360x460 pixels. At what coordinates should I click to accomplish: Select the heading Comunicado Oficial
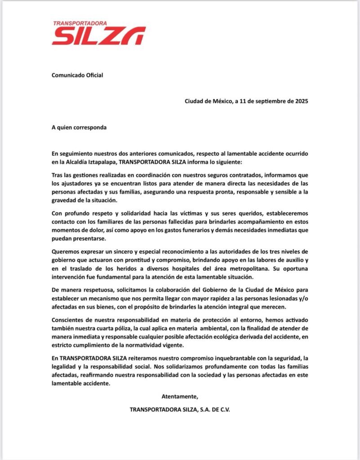[77, 75]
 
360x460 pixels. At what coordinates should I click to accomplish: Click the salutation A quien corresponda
[79, 127]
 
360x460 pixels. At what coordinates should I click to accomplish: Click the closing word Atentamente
[180, 396]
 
